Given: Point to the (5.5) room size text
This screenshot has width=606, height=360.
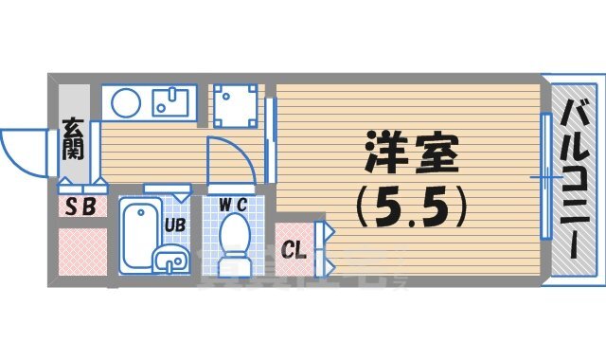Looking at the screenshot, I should click(408, 206).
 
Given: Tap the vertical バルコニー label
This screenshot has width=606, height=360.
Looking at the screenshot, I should click(578, 180).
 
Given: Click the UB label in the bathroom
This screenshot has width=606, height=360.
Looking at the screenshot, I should click(175, 225).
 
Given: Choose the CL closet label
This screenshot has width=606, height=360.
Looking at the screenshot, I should click(294, 251).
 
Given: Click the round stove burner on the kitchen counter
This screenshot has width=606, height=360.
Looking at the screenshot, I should click(124, 100).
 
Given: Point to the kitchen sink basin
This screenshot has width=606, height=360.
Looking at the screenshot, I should click(174, 100).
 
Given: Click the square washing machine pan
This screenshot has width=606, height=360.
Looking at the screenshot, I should click(234, 104).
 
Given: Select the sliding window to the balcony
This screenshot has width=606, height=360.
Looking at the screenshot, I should click(546, 176).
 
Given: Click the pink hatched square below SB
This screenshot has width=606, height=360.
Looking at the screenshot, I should click(79, 251).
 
